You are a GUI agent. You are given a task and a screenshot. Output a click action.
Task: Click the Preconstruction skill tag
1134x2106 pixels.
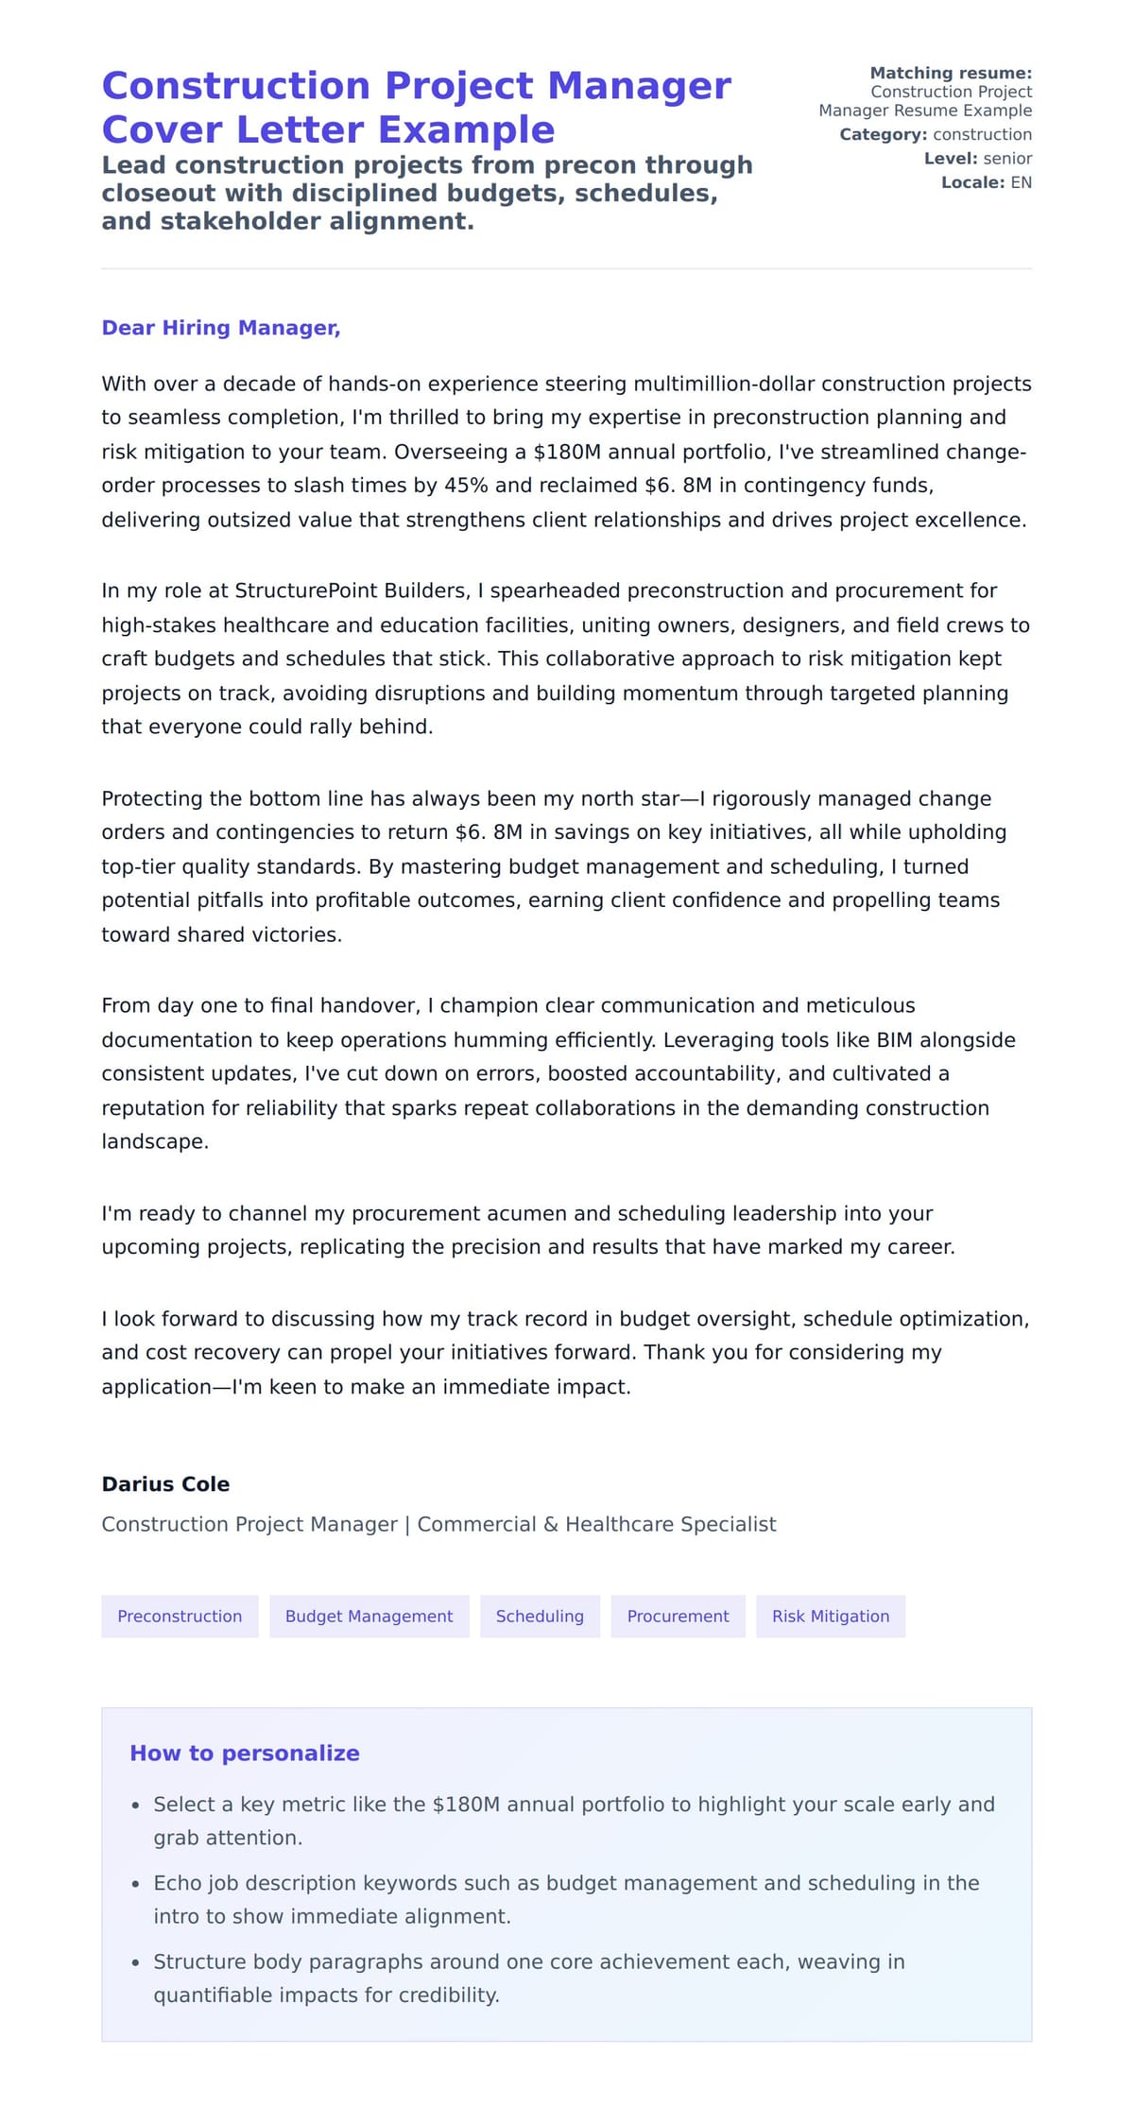coord(180,1616)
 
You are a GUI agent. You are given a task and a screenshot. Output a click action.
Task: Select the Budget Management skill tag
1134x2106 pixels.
coord(369,1616)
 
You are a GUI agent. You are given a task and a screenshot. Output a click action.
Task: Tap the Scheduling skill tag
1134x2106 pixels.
coord(540,1616)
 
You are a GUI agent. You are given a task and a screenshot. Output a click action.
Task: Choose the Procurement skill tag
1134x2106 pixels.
coord(678,1616)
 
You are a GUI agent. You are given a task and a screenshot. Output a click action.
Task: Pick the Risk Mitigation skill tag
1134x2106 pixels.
coord(831,1616)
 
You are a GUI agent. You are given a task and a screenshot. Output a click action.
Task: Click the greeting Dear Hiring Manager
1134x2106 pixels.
coord(220,328)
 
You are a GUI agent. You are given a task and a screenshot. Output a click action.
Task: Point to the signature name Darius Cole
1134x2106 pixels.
coord(165,1483)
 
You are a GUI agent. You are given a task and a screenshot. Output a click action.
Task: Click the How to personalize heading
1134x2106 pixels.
coord(244,1753)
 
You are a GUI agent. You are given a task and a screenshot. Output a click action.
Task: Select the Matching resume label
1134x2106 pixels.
coord(950,73)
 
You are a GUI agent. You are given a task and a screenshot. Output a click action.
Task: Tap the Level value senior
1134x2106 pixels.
coord(1007,159)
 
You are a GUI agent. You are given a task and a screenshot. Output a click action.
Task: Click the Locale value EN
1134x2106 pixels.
coord(1021,182)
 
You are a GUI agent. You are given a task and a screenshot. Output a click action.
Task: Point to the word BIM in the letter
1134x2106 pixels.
coord(894,1040)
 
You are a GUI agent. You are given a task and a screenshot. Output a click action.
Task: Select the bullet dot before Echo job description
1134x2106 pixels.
coord(136,1883)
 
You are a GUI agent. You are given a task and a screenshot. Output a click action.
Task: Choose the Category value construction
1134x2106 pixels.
coord(982,134)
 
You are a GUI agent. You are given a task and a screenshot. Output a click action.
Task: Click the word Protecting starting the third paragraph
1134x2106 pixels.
coord(152,798)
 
